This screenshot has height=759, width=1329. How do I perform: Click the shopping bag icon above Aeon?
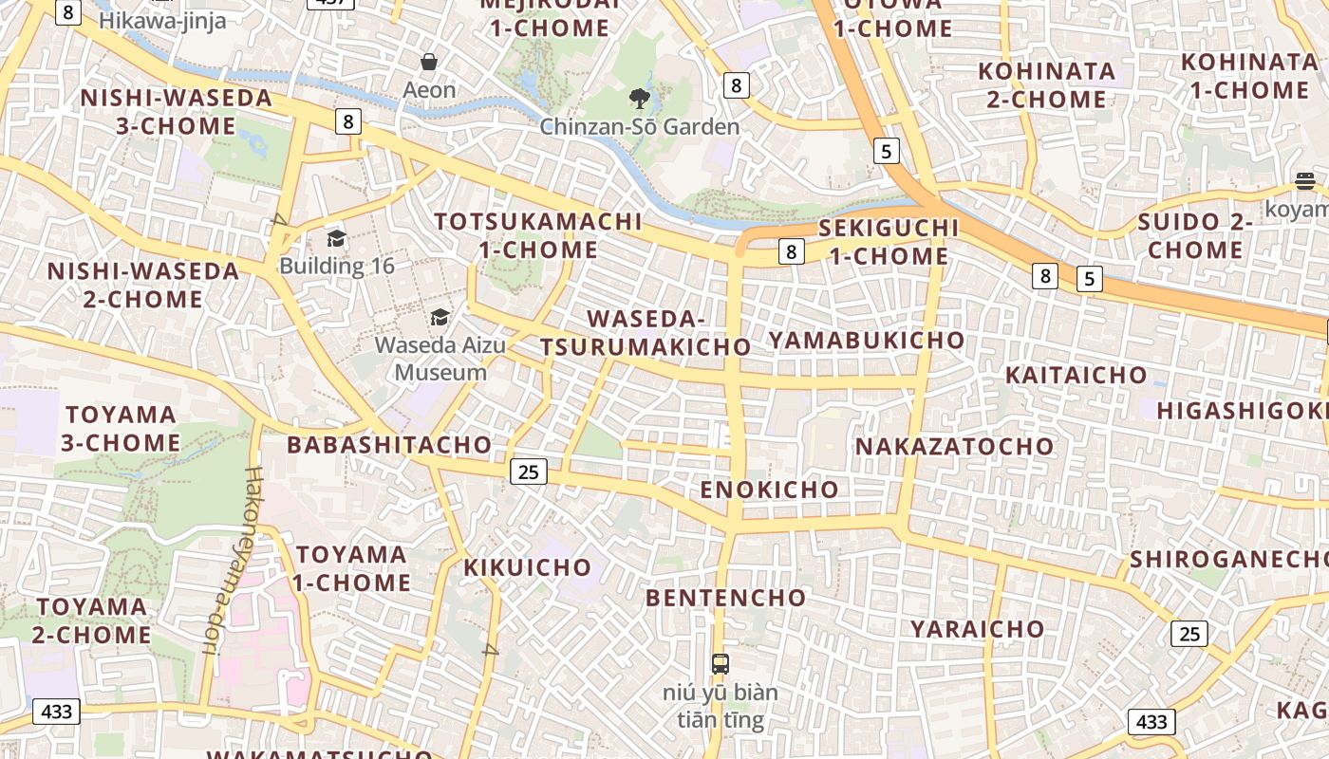coord(429,62)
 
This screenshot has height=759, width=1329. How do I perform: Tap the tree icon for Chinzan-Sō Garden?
coord(640,97)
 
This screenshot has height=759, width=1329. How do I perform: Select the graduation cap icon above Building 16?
coord(336,237)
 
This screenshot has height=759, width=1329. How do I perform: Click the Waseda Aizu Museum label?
coord(440,358)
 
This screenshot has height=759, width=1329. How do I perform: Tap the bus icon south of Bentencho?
coord(721,663)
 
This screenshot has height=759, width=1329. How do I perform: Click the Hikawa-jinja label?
coord(162,20)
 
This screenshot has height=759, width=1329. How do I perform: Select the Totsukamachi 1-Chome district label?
coord(538,235)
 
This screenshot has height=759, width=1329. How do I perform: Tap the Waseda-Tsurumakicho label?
coord(646,332)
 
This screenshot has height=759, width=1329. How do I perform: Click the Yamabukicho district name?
coord(866,340)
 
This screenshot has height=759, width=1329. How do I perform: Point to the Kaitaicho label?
coord(1076,375)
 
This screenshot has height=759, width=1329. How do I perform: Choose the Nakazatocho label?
coord(955,446)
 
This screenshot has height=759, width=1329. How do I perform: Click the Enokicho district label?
coord(770,490)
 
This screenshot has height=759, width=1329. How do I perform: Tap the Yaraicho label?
coord(978,629)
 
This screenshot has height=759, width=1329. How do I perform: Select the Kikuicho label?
coord(528,567)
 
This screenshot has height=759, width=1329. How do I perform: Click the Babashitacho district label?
coord(389,444)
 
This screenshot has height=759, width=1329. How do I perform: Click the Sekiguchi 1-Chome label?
coord(889,241)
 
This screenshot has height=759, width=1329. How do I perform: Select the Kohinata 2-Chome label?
coord(1046,84)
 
